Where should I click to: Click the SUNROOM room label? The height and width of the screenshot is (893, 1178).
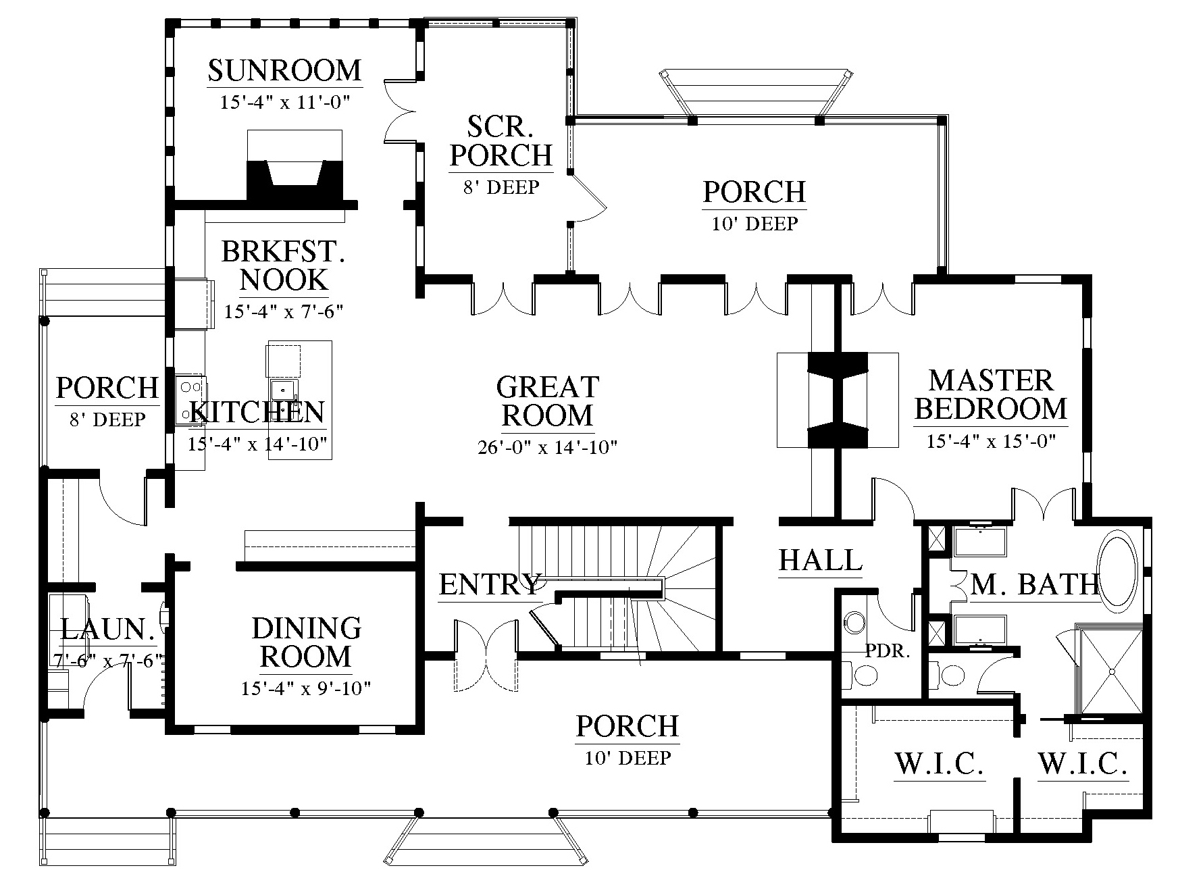[284, 70]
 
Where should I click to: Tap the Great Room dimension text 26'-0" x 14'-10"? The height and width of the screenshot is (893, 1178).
[548, 447]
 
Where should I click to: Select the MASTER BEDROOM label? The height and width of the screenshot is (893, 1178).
[991, 394]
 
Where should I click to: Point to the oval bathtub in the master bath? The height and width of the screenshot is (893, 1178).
[1117, 572]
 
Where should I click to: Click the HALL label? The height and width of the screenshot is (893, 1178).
[821, 560]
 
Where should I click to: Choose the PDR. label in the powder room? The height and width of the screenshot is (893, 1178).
[888, 652]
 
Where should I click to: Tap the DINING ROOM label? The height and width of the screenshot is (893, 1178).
[306, 642]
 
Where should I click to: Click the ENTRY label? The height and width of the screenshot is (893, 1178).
[490, 584]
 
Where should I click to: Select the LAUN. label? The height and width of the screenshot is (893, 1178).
[107, 630]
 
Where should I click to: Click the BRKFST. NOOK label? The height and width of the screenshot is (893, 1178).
[284, 265]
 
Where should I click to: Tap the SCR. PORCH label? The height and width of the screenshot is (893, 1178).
[501, 141]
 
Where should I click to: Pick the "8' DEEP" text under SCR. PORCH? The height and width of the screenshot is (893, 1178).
[501, 187]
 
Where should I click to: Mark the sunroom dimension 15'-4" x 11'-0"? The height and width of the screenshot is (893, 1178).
[284, 103]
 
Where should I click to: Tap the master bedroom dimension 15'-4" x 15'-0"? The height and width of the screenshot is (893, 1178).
[991, 441]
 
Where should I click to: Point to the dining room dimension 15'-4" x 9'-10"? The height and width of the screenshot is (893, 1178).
[306, 688]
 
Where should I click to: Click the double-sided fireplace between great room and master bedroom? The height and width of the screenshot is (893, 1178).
[838, 400]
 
